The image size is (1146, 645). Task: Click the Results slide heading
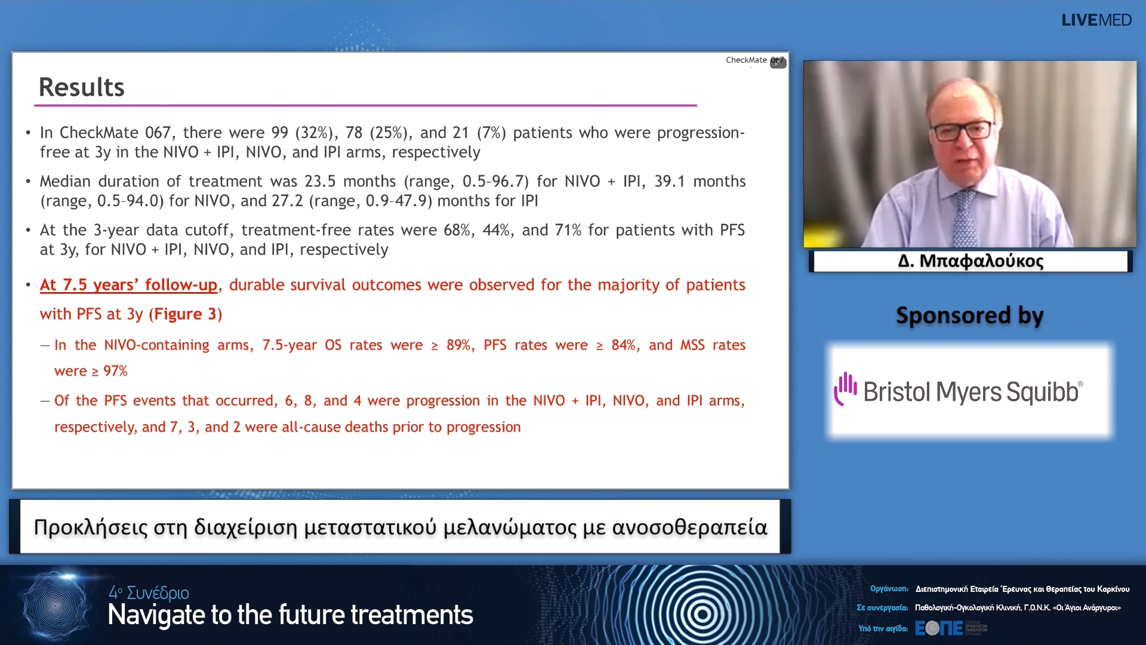(82, 87)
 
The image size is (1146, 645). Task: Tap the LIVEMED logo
(1096, 20)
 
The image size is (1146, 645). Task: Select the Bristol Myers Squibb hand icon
(845, 388)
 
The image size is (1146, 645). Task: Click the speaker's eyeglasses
(962, 130)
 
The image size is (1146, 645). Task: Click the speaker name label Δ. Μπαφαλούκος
(971, 261)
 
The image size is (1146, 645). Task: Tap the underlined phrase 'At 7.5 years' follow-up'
(128, 285)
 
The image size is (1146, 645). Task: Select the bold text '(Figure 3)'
(186, 314)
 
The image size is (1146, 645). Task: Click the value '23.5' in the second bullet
(321, 181)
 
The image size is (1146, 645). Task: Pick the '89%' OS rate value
(460, 345)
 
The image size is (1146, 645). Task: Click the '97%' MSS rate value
(115, 371)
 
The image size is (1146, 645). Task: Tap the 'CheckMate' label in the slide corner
(746, 60)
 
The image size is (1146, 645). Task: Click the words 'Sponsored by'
(970, 315)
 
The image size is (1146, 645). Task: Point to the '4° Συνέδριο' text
(149, 592)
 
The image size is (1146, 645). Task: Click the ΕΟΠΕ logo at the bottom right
(951, 628)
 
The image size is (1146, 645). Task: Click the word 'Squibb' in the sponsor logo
(1044, 392)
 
